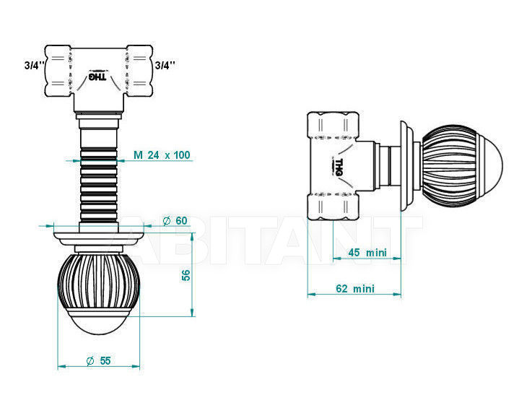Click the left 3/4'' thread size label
[35, 66]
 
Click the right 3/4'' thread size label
[165, 65]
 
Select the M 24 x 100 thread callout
[162, 155]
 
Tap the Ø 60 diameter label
[175, 221]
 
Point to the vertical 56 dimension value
[186, 274]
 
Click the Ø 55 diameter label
[98, 361]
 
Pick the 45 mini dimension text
[367, 252]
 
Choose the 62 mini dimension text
[355, 289]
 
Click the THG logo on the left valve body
[97, 77]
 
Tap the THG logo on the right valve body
[338, 167]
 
